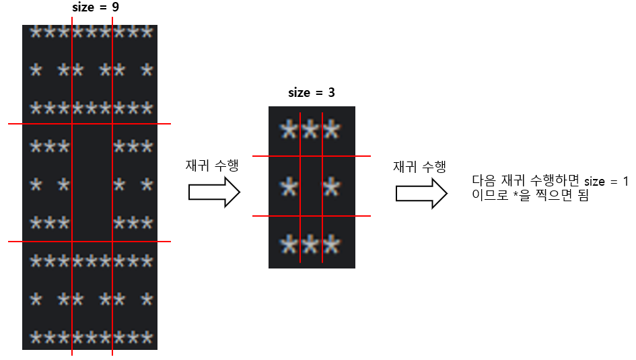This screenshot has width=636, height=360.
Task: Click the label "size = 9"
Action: (96, 9)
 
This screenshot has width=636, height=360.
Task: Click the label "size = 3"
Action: (311, 93)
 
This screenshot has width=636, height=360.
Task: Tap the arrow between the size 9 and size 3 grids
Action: (214, 192)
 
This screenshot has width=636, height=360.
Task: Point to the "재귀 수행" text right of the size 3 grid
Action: (419, 167)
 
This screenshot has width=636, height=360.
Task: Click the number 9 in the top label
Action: (116, 9)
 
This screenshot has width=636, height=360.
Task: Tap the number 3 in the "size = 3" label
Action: (331, 93)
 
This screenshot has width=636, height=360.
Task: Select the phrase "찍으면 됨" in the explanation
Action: (566, 198)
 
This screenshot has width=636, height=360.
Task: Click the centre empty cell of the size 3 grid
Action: (311, 187)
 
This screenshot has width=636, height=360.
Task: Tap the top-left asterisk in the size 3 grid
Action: (289, 129)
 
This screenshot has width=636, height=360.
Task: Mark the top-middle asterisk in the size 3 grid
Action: (310, 129)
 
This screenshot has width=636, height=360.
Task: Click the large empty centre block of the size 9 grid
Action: (92, 183)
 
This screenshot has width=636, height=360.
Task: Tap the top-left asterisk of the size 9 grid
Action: (35, 32)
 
